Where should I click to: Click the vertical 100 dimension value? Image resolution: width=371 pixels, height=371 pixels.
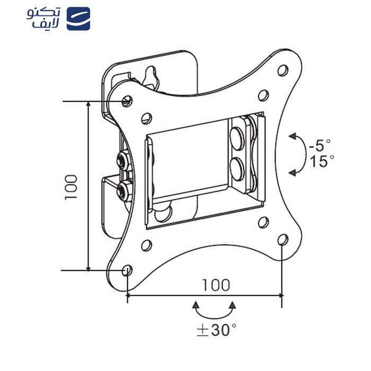coord(71,187)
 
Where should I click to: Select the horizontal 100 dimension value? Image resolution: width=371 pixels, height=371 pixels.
coord(216,285)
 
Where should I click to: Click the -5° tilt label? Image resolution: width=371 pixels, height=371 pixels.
coord(320,144)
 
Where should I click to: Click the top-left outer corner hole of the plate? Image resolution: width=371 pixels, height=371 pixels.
coord(127,100)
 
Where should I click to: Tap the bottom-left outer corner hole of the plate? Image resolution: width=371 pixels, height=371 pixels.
coord(127,270)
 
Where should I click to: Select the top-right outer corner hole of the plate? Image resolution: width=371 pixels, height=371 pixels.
coord(283,69)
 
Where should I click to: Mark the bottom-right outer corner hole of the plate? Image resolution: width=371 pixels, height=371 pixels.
coord(283,240)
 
